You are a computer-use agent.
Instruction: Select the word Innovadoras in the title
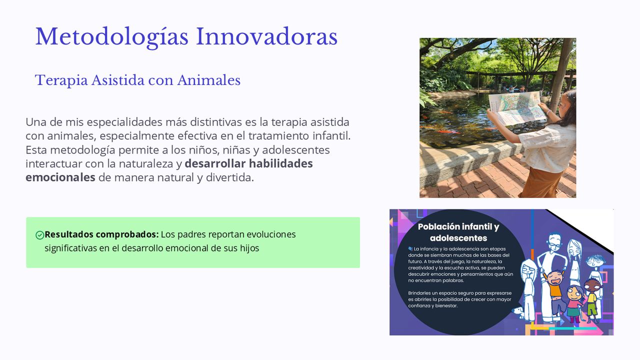click(267, 36)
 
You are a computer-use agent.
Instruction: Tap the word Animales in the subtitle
click(209, 80)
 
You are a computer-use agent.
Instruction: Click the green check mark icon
click(39, 235)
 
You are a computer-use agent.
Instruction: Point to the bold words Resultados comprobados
click(101, 234)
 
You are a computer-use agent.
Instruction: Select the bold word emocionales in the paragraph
click(60, 177)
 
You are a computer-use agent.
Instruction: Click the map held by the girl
click(517, 108)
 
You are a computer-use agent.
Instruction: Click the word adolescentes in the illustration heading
click(458, 238)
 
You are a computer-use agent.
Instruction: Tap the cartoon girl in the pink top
click(573, 303)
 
